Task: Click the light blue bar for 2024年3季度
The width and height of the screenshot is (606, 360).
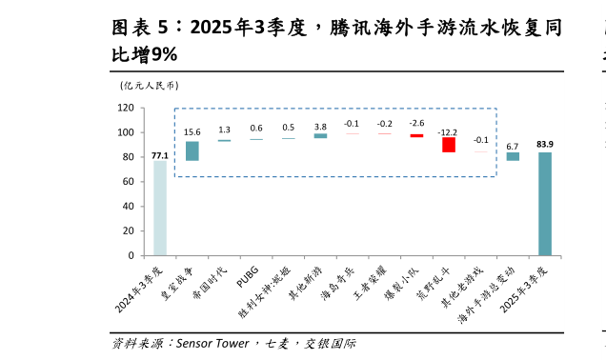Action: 160,208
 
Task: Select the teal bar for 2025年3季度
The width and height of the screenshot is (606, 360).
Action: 545,204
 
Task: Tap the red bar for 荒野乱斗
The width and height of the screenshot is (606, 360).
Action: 449,145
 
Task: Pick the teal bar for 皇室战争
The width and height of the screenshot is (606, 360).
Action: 192,150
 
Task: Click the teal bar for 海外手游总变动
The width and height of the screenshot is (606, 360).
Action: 513,156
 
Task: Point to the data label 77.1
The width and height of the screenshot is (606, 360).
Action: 160,155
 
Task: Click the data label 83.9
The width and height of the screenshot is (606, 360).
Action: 545,145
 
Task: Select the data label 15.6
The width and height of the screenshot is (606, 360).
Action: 192,132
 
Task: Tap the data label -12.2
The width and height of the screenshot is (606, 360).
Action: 448,132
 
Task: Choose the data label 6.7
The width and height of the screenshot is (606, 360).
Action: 513,146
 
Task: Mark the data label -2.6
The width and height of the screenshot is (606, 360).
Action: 416,124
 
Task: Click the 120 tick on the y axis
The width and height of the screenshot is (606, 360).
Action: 126,108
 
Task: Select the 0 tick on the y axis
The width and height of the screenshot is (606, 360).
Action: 131,256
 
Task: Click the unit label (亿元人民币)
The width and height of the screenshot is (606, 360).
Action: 149,86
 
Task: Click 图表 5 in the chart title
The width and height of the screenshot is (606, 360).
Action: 142,28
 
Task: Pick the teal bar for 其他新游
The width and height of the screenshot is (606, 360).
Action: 320,135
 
